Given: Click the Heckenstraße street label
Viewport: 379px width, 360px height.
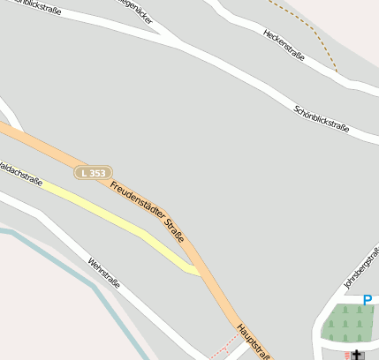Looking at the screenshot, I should pos(284,44).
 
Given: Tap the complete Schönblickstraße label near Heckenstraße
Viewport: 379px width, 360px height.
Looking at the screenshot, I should pos(322,119).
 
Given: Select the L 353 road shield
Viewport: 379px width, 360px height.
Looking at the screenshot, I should pos(93,173).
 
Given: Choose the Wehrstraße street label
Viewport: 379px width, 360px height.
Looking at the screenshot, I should pos(103,272).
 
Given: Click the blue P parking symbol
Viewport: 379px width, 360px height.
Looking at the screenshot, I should pos(368,300).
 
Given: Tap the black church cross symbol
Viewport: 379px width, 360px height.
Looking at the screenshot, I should pos(358,356).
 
